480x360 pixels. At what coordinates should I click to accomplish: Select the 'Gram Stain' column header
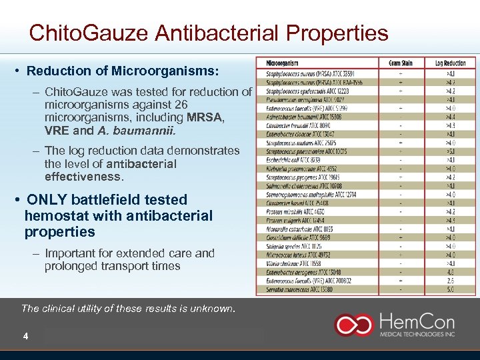click(400, 63)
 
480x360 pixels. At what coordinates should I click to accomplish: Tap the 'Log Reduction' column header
click(451, 63)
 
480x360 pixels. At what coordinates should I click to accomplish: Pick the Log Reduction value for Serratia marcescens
click(451, 290)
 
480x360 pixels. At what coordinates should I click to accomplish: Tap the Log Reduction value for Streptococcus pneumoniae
click(451, 151)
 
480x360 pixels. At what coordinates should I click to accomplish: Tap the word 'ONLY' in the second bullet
click(46, 200)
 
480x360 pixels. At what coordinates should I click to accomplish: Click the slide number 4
click(25, 336)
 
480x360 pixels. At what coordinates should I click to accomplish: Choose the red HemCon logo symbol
click(354, 325)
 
